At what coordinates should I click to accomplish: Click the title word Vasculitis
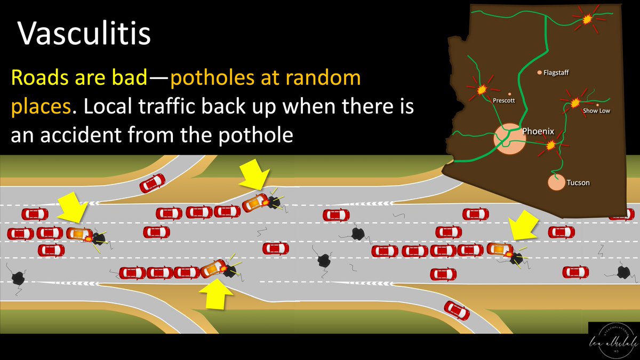(85, 34)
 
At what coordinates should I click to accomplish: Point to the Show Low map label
(596, 111)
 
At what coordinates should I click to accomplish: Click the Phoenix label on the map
(538, 131)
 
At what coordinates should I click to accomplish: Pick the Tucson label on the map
(578, 183)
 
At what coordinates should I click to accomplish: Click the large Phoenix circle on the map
(507, 139)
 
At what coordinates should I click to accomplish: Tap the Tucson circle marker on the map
(556, 182)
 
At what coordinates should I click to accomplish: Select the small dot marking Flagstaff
(539, 72)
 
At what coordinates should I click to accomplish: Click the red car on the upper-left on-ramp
(152, 183)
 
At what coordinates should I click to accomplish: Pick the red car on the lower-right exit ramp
(457, 310)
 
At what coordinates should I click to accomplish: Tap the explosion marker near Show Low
(575, 102)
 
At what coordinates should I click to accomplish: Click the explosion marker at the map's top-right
(587, 19)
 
